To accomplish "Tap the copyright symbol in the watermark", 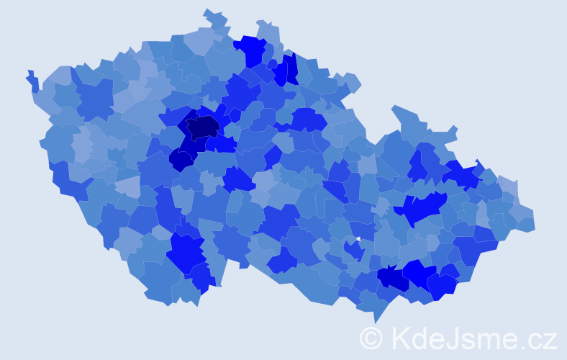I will click(371, 338).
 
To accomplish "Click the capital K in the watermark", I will click(400, 338).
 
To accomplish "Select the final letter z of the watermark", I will click(550, 340).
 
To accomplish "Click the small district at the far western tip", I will click(32, 79).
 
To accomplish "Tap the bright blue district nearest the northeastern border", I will click(461, 174).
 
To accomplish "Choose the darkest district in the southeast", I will click(393, 278).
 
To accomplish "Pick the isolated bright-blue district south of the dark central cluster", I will click(237, 179).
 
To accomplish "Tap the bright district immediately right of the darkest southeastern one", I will click(419, 274).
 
